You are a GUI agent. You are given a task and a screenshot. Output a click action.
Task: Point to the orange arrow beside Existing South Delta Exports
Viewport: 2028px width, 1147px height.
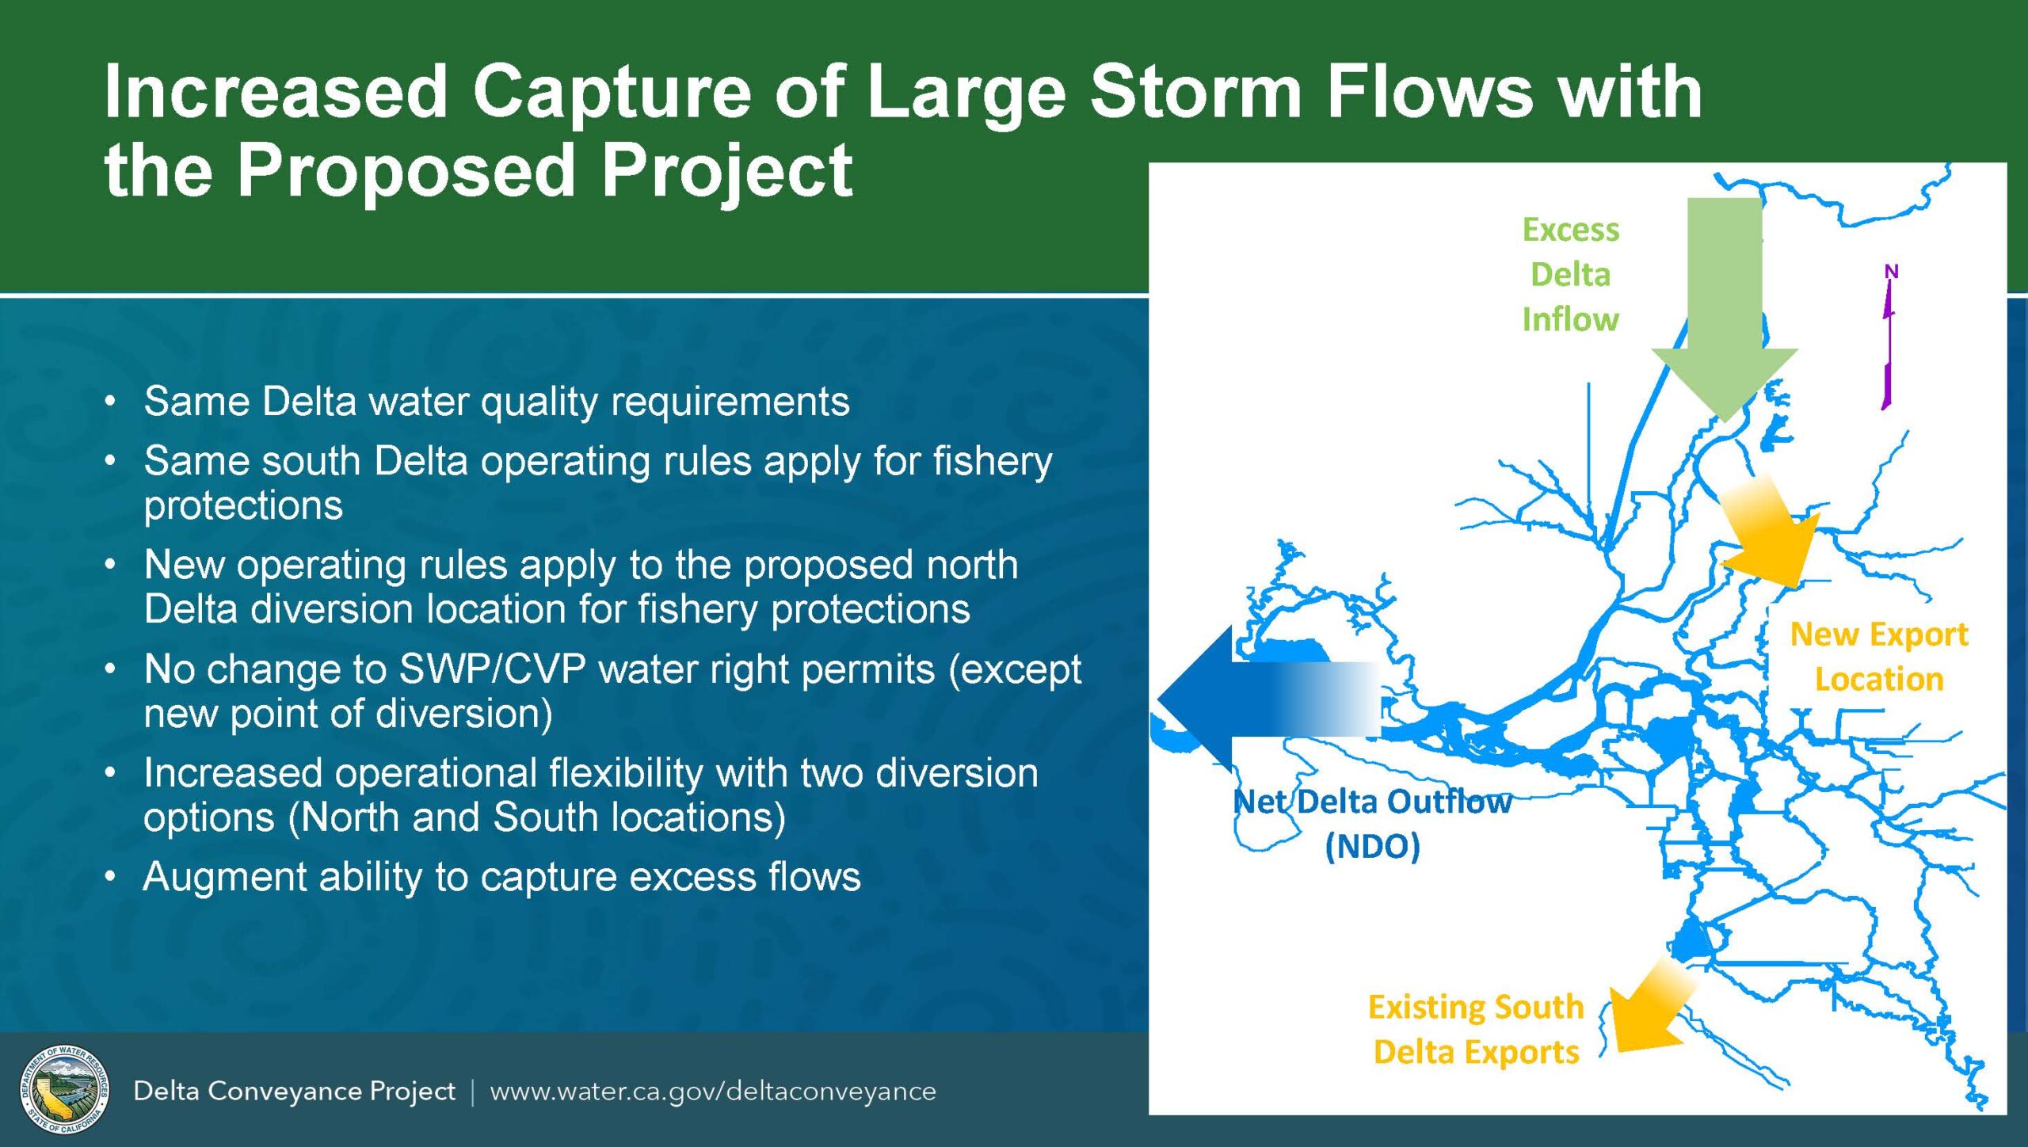(x=1648, y=1014)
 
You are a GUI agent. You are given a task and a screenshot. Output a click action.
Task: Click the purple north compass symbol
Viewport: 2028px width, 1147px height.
(x=1889, y=341)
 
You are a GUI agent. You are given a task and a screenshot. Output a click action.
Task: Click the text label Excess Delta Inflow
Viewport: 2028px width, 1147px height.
(x=1570, y=274)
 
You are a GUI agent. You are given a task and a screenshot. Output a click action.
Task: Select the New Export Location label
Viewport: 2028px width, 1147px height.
(x=1879, y=656)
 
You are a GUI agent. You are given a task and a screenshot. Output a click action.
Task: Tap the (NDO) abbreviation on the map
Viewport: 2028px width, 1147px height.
(x=1372, y=846)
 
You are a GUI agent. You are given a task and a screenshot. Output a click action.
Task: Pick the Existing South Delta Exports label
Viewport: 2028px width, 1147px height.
(x=1476, y=1029)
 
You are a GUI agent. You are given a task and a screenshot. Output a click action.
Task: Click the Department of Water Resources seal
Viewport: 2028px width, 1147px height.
(x=64, y=1090)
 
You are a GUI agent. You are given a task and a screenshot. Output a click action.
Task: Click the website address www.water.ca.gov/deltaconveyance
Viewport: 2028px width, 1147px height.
(x=712, y=1091)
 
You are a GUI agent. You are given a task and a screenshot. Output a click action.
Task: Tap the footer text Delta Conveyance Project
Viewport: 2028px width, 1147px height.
(x=294, y=1091)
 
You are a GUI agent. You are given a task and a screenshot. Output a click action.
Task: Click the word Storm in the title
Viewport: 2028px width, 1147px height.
(x=1196, y=92)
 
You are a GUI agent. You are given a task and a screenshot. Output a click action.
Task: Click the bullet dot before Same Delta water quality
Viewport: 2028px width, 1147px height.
(x=110, y=401)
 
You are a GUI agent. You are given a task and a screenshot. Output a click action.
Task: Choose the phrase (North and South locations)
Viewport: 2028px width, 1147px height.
(x=536, y=817)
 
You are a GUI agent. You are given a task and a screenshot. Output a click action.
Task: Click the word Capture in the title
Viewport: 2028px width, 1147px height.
(x=612, y=92)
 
